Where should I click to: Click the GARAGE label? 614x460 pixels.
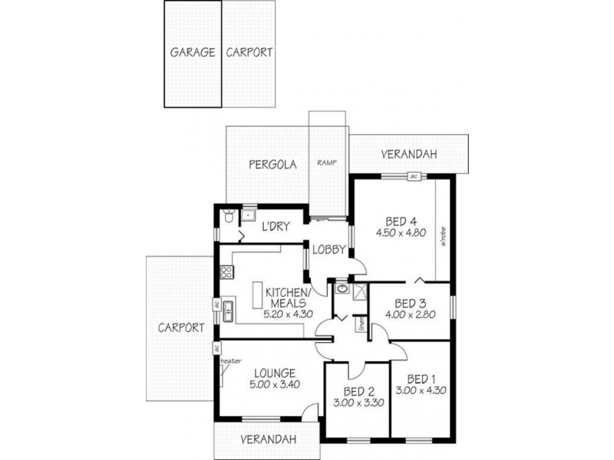coord(191,54)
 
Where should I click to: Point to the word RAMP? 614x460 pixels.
coord(328,163)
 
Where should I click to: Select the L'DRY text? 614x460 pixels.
coord(275,227)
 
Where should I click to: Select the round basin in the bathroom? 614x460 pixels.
coord(341,290)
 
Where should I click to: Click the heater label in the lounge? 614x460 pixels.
coord(230,361)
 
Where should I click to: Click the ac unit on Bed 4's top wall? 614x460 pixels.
coord(413,176)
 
